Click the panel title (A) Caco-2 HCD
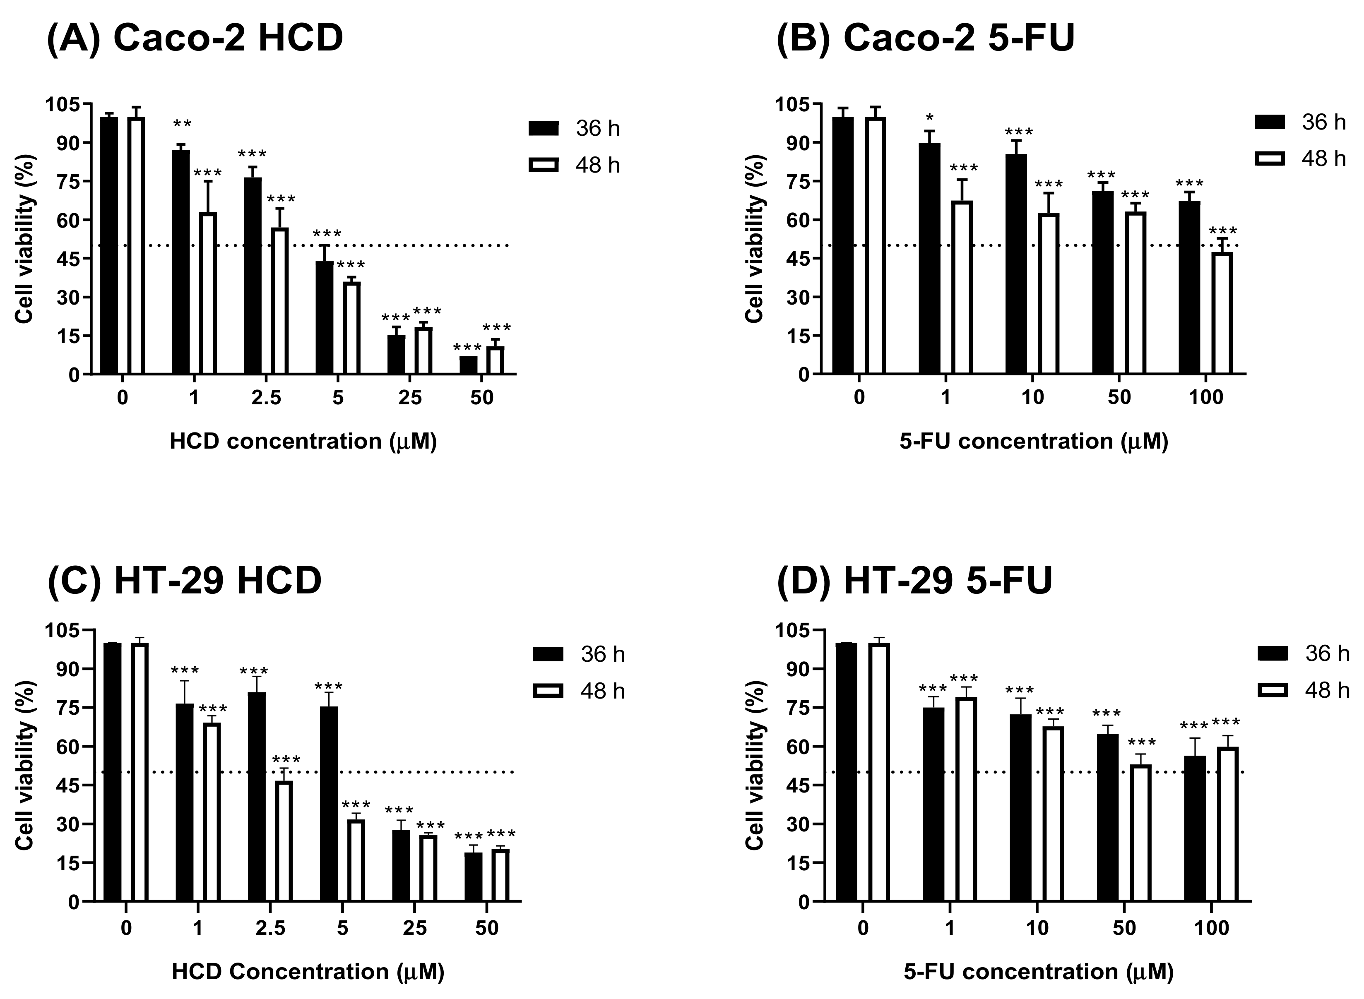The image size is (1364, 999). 195,39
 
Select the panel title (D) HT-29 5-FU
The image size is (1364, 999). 914,581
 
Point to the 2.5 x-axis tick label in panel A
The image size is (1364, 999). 266,399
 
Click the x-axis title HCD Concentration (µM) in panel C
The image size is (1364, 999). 308,972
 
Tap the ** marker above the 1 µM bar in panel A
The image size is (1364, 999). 182,125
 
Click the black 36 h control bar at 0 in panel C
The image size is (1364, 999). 113,772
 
